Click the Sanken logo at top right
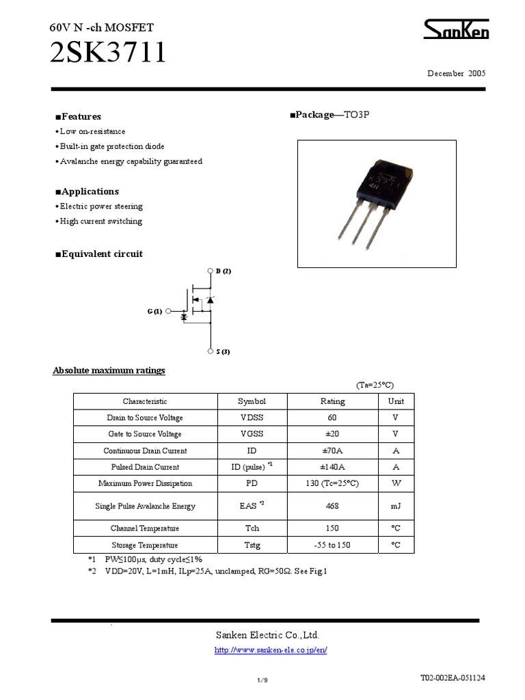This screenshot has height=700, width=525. [456, 30]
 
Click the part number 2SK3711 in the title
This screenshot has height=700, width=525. [108, 53]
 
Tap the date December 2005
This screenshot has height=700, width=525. [456, 73]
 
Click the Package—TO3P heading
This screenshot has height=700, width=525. [329, 115]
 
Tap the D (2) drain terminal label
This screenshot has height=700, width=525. [224, 271]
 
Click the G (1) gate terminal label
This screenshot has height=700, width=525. [154, 312]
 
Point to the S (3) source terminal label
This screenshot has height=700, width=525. [222, 352]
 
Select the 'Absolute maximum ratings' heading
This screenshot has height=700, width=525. [109, 371]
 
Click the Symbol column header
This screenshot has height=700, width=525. [252, 402]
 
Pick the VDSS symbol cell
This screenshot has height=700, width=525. [252, 418]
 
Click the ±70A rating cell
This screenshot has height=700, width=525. [333, 451]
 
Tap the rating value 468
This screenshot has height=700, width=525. [333, 507]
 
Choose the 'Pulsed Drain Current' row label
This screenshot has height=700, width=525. [145, 468]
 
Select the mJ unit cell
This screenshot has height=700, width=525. [396, 507]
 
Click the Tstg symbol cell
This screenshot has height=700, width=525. [252, 546]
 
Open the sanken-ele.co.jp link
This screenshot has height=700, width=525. [271, 650]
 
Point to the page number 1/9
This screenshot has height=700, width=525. [262, 679]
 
